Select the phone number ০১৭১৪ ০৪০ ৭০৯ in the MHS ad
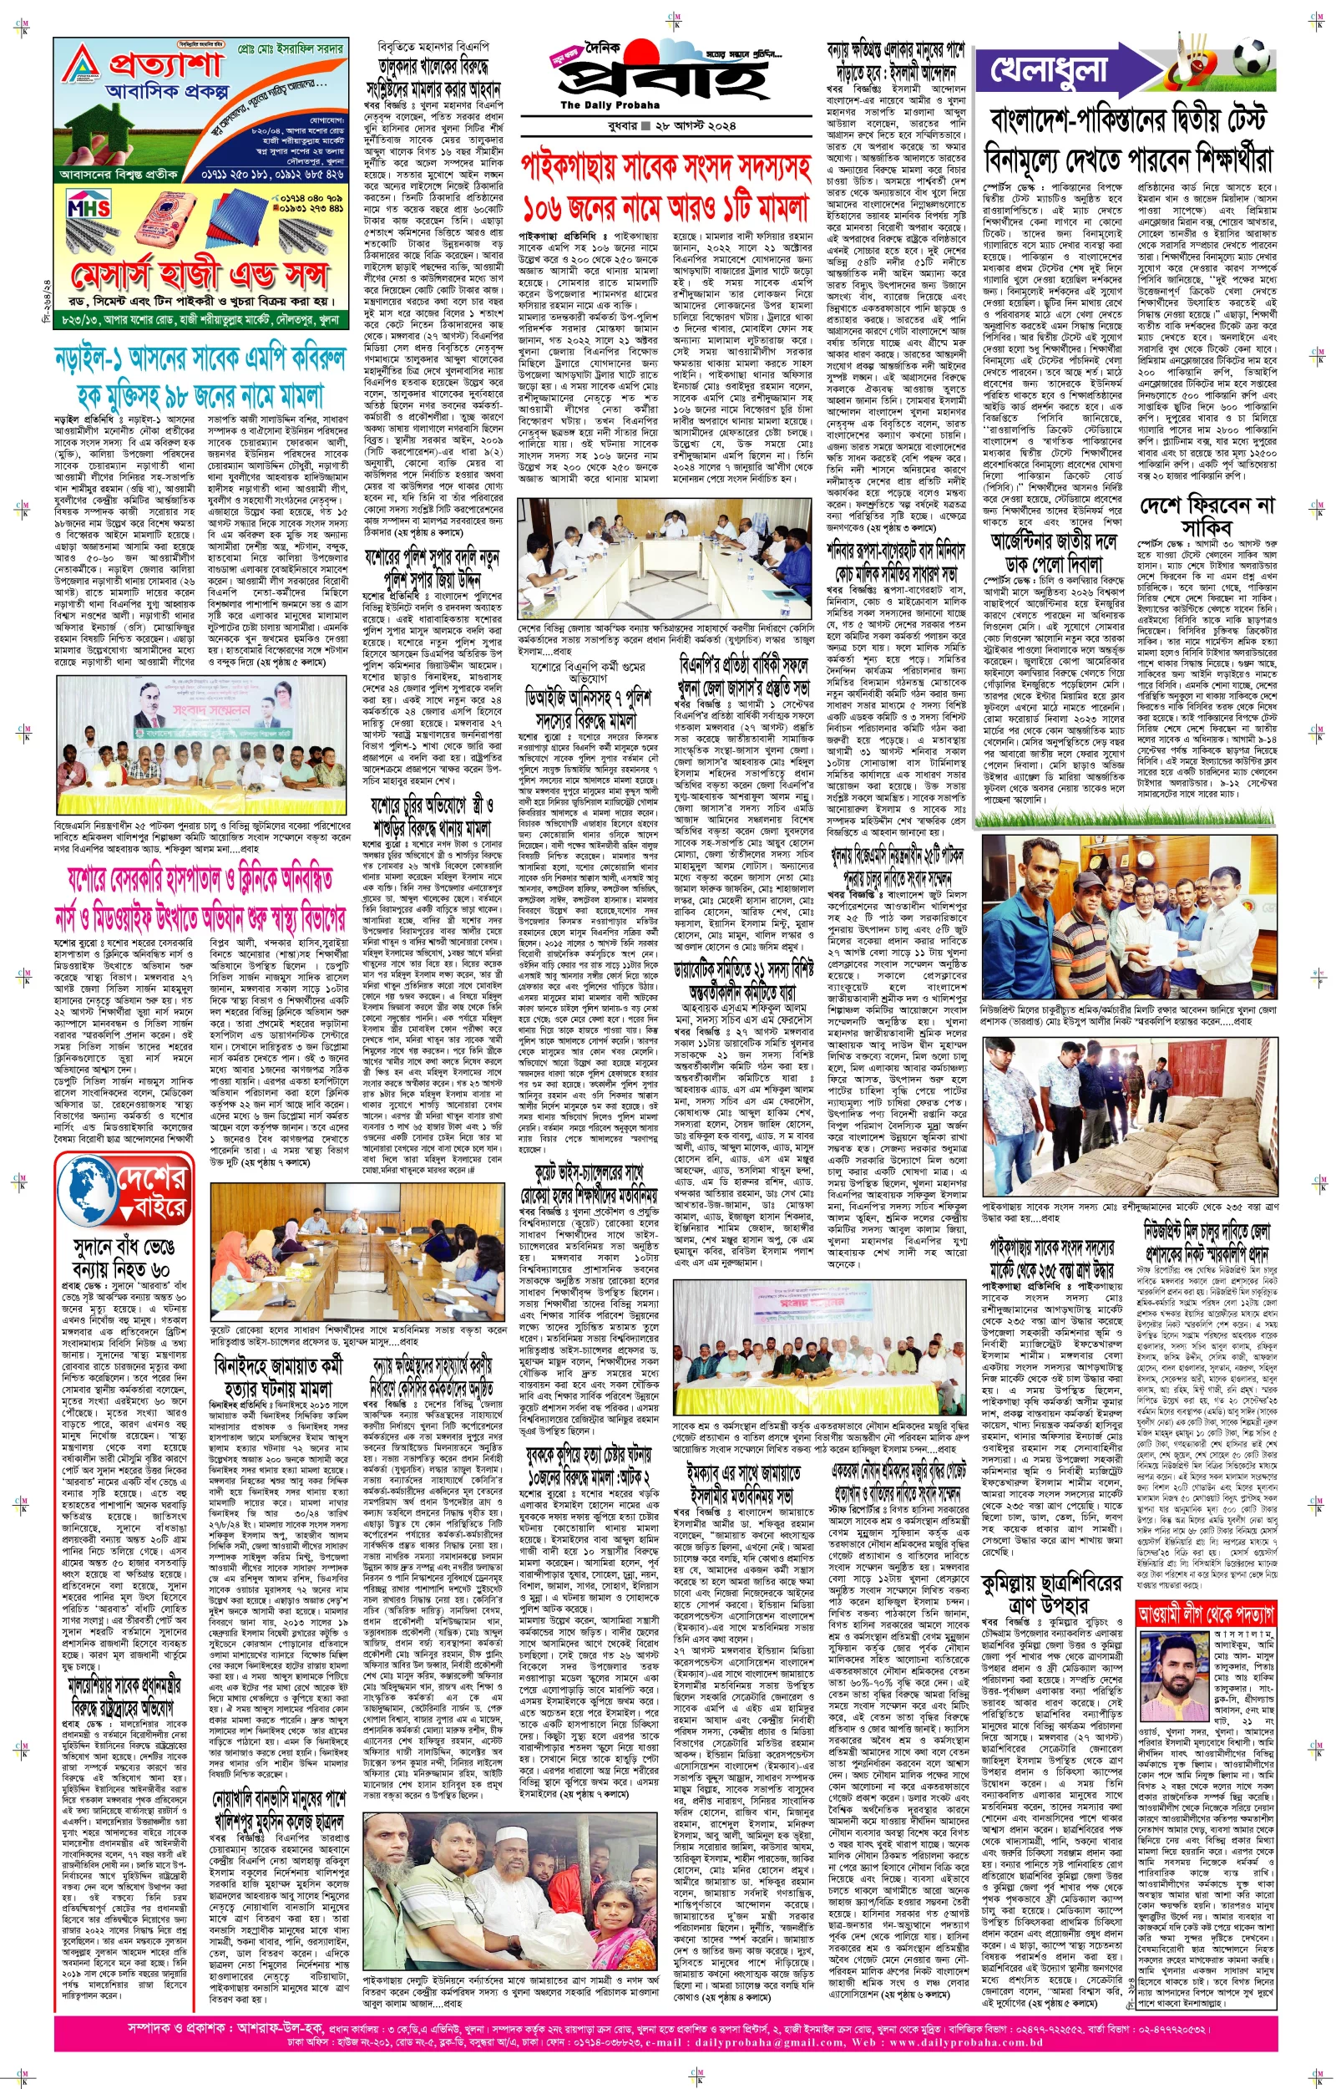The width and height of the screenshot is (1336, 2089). [x=311, y=199]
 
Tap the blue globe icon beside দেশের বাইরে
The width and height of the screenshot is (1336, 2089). [x=87, y=1192]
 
